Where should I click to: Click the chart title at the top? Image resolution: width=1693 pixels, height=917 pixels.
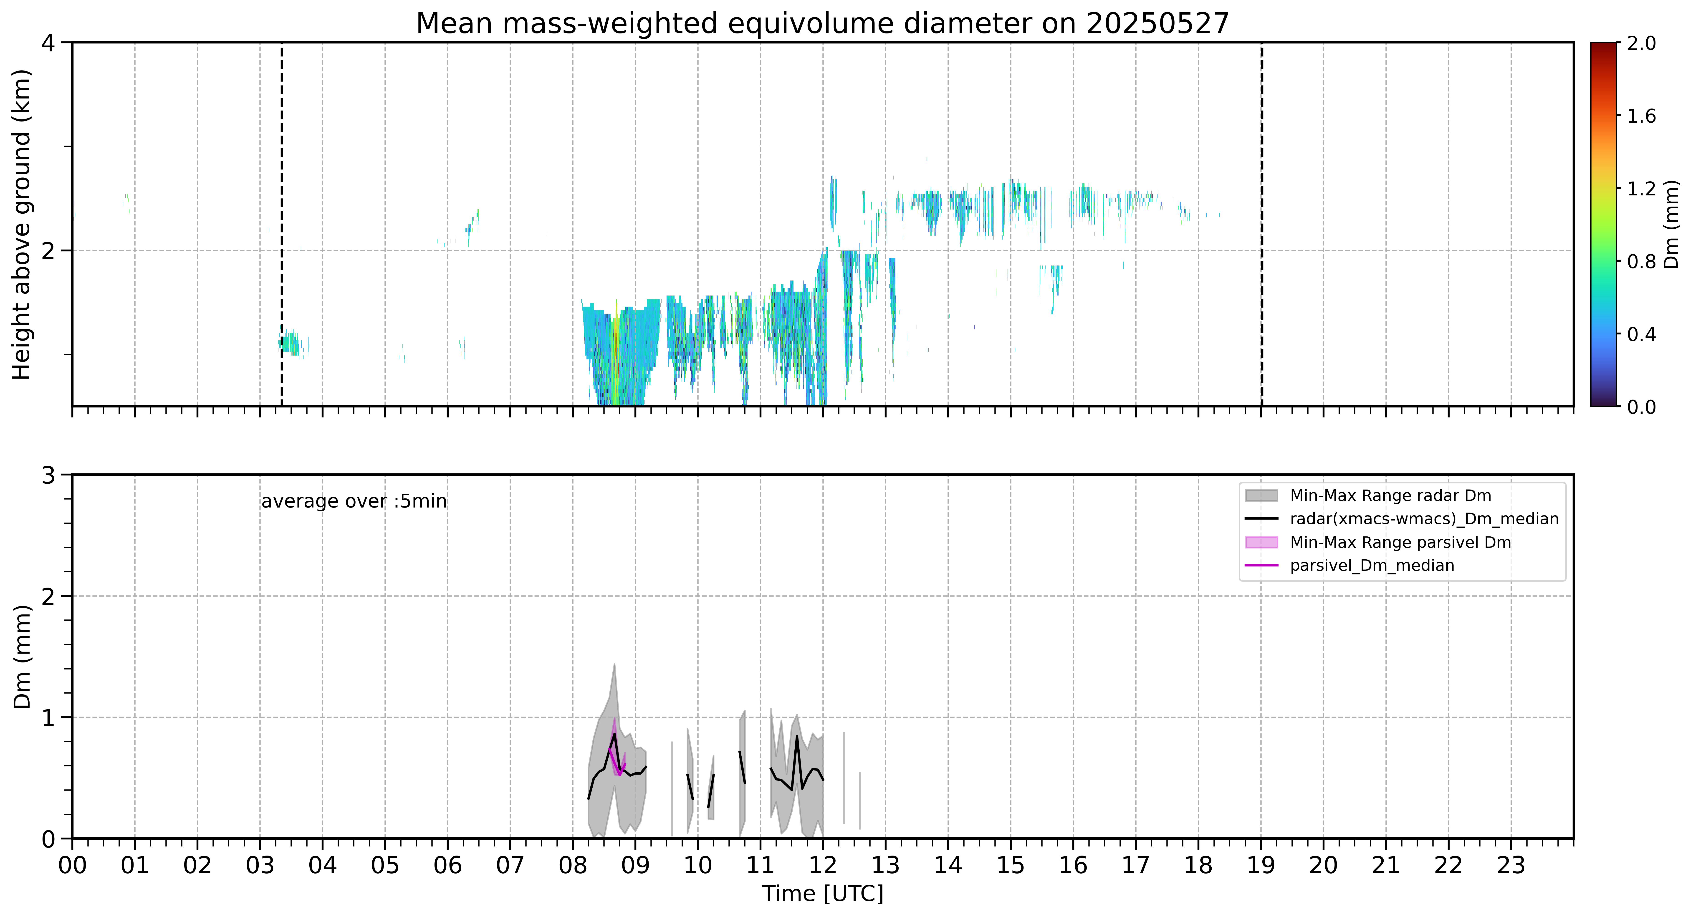coord(822,24)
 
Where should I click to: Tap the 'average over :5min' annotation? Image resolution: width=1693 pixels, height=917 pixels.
coord(354,502)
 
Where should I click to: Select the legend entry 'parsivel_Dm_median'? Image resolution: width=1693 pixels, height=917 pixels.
coord(1372,565)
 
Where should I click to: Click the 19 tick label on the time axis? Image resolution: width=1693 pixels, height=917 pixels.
coord(1261,866)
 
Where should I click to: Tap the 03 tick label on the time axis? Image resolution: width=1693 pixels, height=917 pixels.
coord(260,866)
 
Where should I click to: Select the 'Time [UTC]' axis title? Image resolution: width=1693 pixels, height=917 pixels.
coord(822,894)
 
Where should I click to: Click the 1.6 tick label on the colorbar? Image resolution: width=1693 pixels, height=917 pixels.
coord(1641,116)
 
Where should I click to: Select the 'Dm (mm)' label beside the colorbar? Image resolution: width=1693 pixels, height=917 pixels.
coord(1672,224)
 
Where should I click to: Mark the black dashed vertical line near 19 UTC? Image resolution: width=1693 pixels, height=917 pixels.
coord(1261,224)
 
